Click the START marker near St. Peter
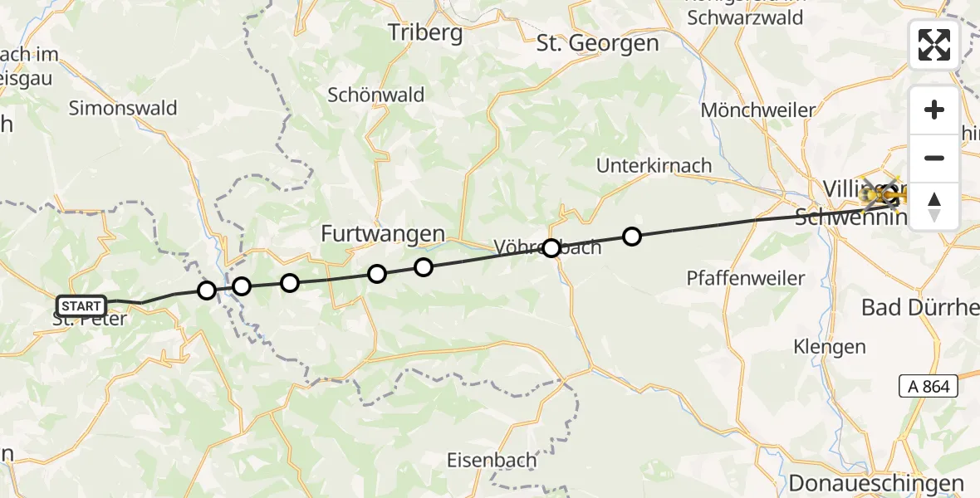[81, 305]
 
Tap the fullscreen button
[934, 45]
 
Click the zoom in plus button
[934, 110]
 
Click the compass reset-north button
[934, 206]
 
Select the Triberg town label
[425, 32]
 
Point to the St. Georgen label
[597, 43]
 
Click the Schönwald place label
[376, 95]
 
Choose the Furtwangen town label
[383, 235]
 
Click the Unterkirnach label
[654, 165]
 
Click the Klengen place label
[830, 346]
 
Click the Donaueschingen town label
[876, 484]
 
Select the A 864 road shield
[929, 386]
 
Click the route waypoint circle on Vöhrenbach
[551, 247]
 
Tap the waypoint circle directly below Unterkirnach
[632, 237]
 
